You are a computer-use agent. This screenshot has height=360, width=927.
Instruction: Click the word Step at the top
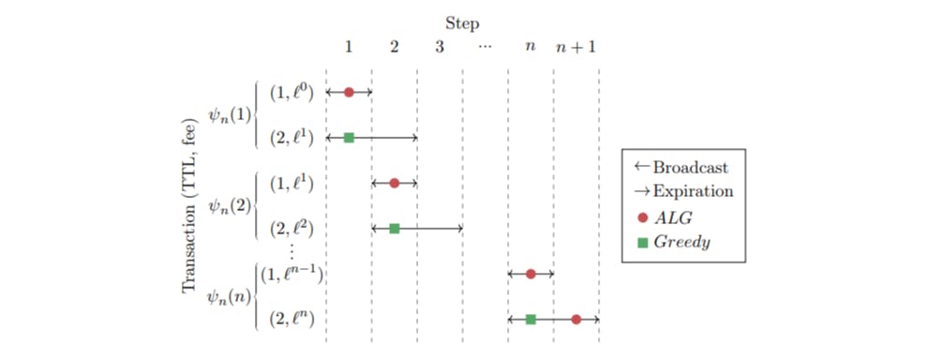click(x=463, y=21)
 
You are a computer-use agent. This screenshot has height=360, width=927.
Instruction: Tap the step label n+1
click(x=576, y=46)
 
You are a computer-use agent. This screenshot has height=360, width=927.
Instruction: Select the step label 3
click(x=440, y=46)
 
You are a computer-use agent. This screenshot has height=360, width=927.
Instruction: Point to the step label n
click(x=531, y=46)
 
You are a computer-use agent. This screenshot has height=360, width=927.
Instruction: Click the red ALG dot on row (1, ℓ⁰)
click(x=349, y=92)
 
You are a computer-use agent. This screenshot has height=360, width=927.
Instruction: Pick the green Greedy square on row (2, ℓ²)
click(x=395, y=228)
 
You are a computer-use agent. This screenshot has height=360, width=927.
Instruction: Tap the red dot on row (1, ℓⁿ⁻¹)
click(x=531, y=274)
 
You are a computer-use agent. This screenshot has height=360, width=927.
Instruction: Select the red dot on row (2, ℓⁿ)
click(x=576, y=320)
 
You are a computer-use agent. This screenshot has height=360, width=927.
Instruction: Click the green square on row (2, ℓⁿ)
click(x=531, y=320)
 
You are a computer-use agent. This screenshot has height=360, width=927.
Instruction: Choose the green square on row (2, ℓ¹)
click(x=349, y=138)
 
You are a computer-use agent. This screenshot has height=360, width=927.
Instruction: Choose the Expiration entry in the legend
click(x=683, y=190)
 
